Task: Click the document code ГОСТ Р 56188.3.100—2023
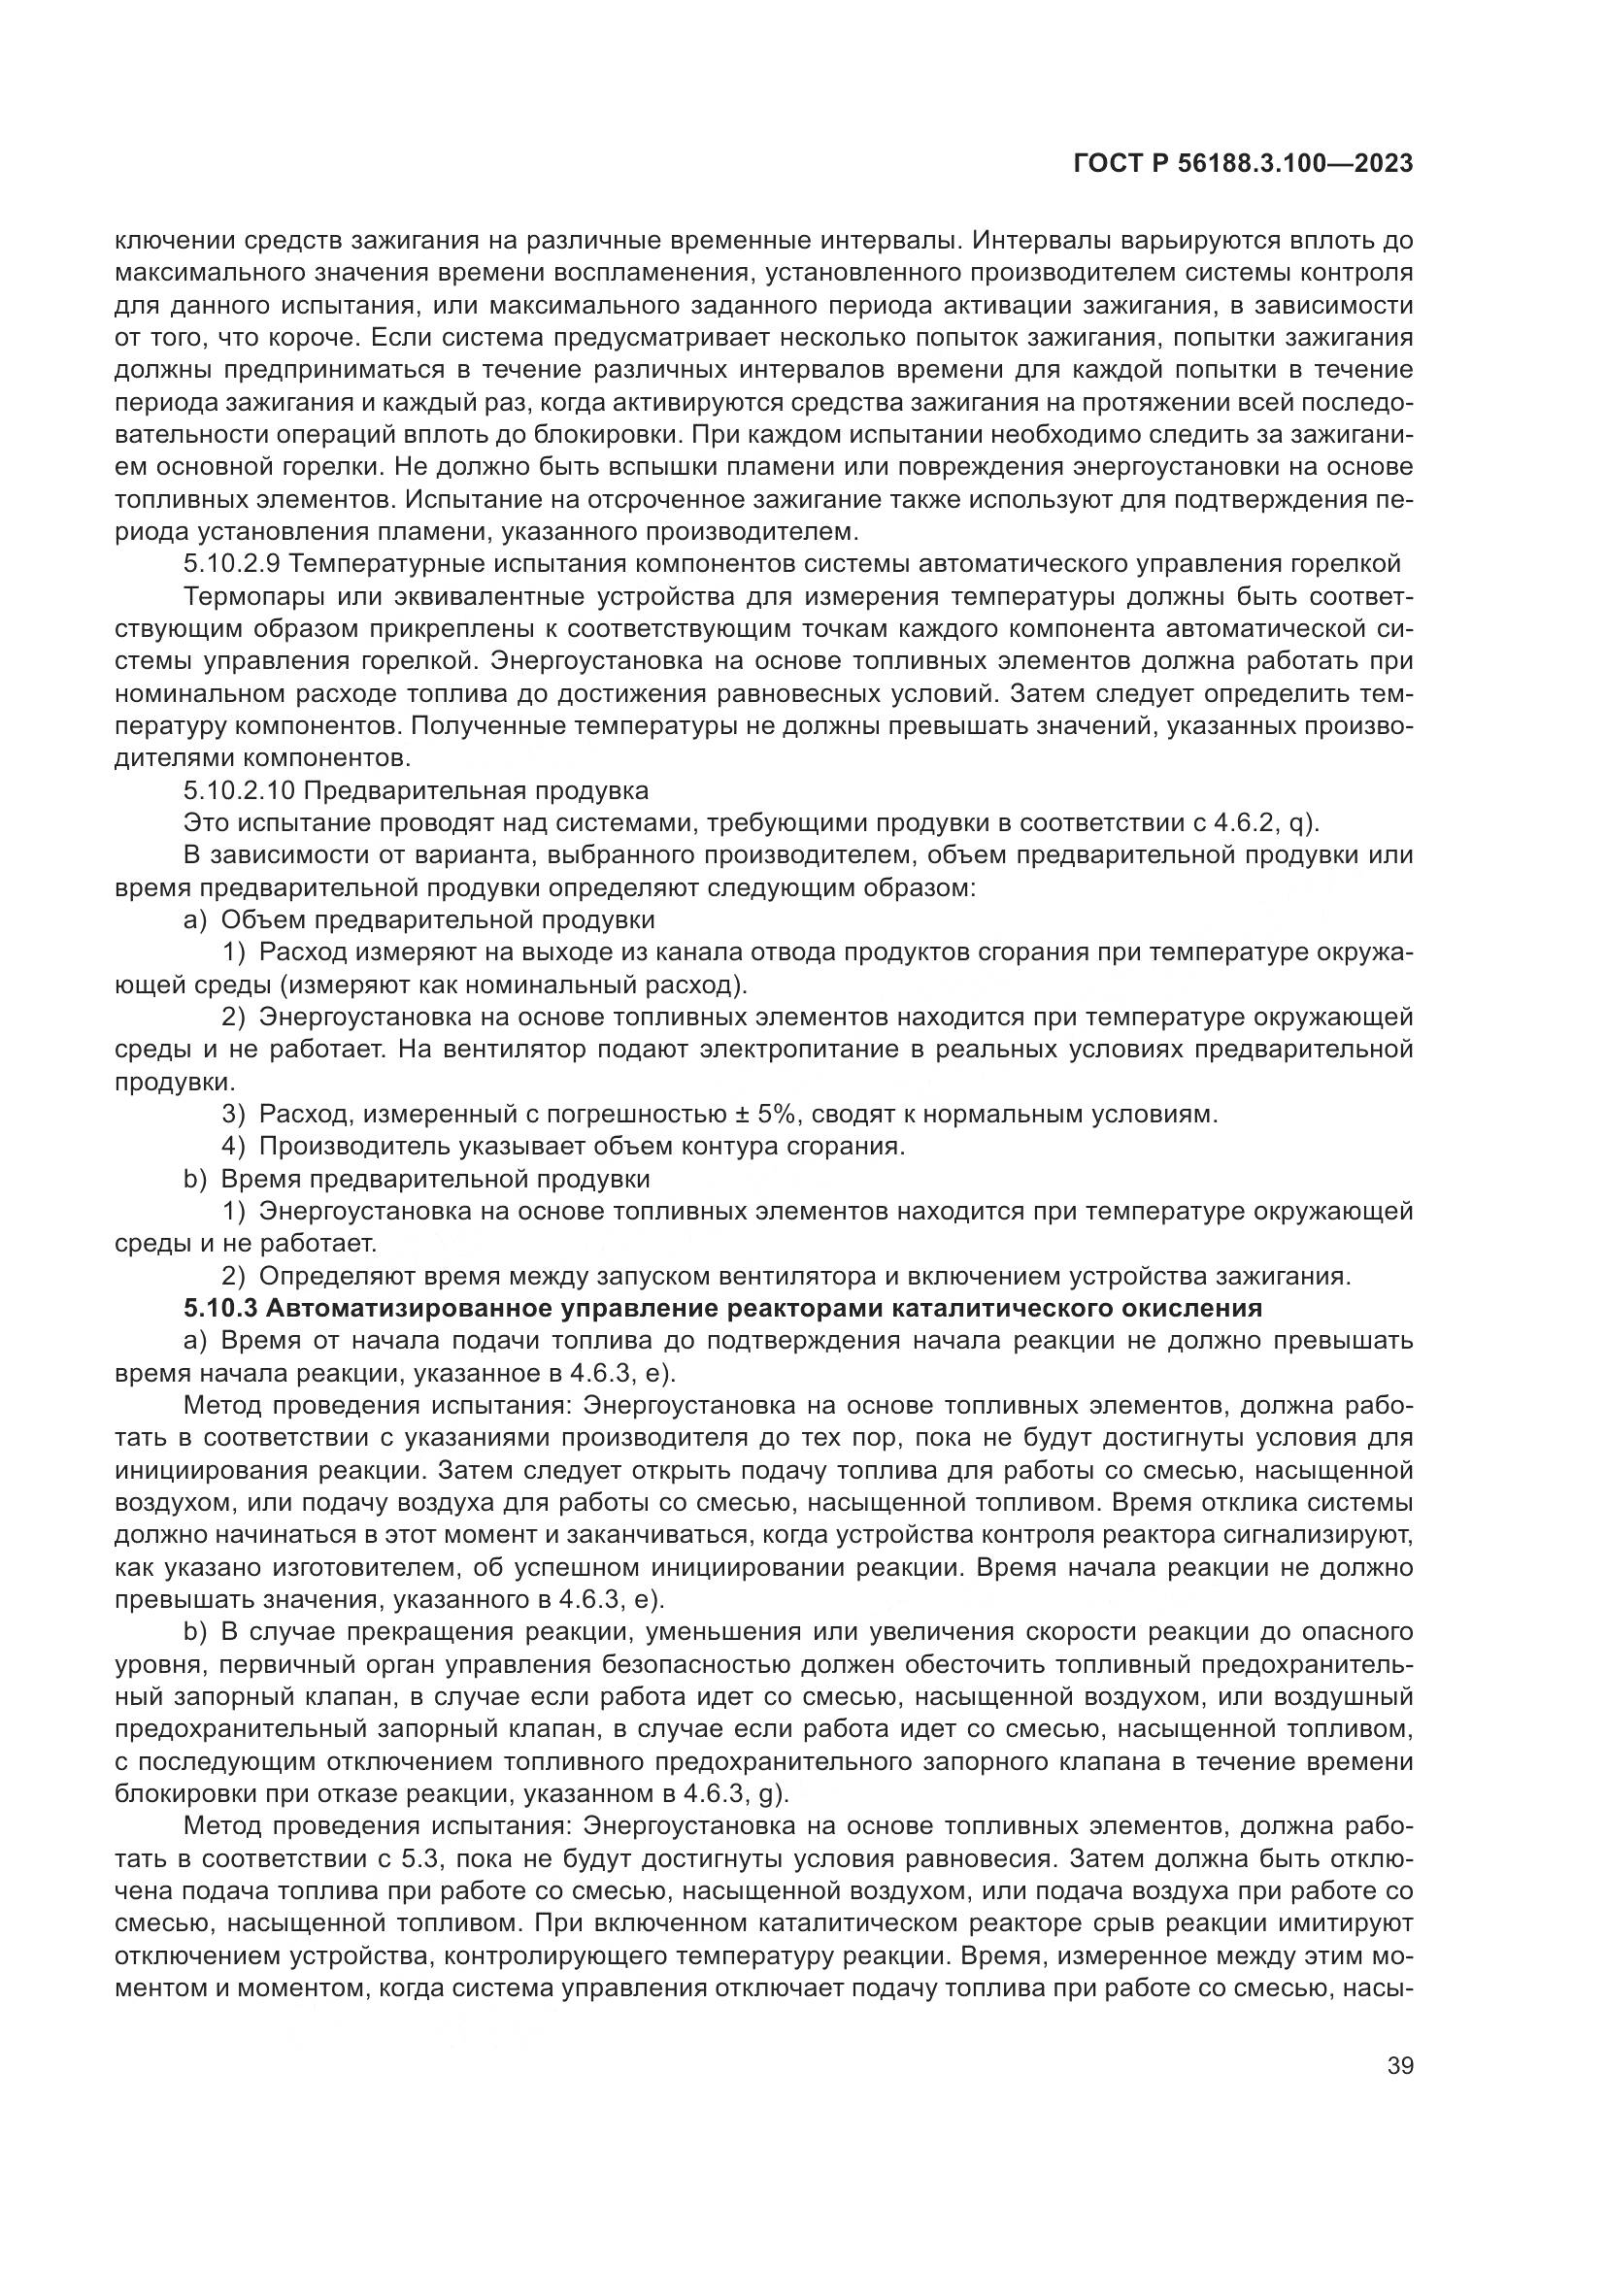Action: click(1242, 164)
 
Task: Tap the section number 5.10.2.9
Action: click(232, 565)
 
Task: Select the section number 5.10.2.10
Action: click(237, 791)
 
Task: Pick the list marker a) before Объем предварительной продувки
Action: click(195, 920)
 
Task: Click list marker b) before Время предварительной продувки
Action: click(195, 1179)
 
